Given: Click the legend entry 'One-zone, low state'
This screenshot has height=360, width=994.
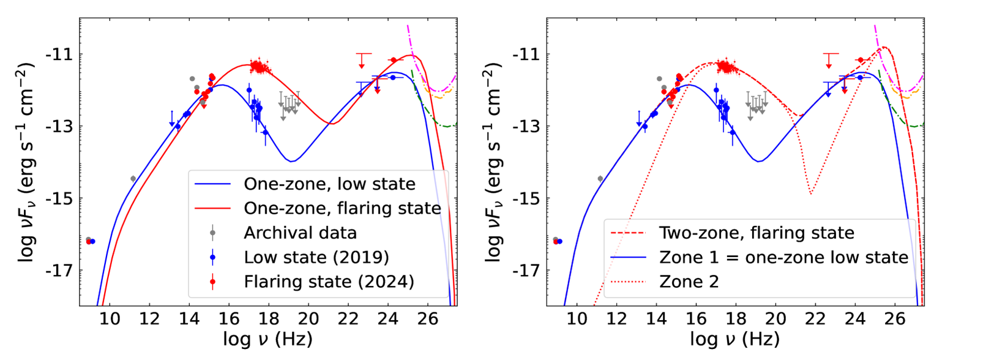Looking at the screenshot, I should pos(329,184).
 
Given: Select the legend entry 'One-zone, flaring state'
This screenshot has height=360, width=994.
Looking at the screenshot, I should pos(342,208).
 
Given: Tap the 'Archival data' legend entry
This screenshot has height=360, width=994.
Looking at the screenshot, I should pos(300,233).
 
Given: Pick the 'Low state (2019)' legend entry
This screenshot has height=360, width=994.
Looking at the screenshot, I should pos(316,257).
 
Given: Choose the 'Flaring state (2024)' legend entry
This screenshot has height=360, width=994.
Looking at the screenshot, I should pos(329,282).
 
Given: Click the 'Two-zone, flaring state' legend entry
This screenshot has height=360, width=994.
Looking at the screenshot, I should pos(756,233).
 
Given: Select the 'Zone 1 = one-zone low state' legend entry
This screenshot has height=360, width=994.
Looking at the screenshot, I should pos(783,257).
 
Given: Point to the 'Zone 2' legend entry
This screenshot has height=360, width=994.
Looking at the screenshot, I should pos(689,282).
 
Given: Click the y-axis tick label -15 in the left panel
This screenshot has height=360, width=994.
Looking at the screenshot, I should pos(59,199).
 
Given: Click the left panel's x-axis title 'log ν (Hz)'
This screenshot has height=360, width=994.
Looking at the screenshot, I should pos(267,339).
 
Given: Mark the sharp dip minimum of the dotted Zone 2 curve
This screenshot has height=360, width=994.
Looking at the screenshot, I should pos(810,194).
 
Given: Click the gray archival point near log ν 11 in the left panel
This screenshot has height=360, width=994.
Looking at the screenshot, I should pos(133,179).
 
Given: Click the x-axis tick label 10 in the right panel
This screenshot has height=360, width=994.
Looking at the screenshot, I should pos(577,318).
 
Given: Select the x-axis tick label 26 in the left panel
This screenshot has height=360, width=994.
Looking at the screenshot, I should pos(428,318).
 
